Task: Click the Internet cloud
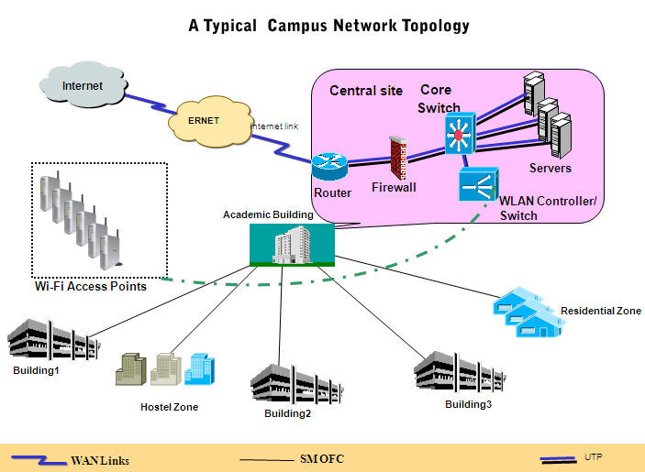83,87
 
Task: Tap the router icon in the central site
328,167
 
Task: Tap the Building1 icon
51,341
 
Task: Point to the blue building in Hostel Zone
199,368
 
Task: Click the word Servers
550,169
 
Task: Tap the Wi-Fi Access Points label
90,287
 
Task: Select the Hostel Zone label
169,407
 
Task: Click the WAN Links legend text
100,460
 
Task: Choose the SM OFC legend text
321,458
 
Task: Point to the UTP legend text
594,456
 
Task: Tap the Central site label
366,91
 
